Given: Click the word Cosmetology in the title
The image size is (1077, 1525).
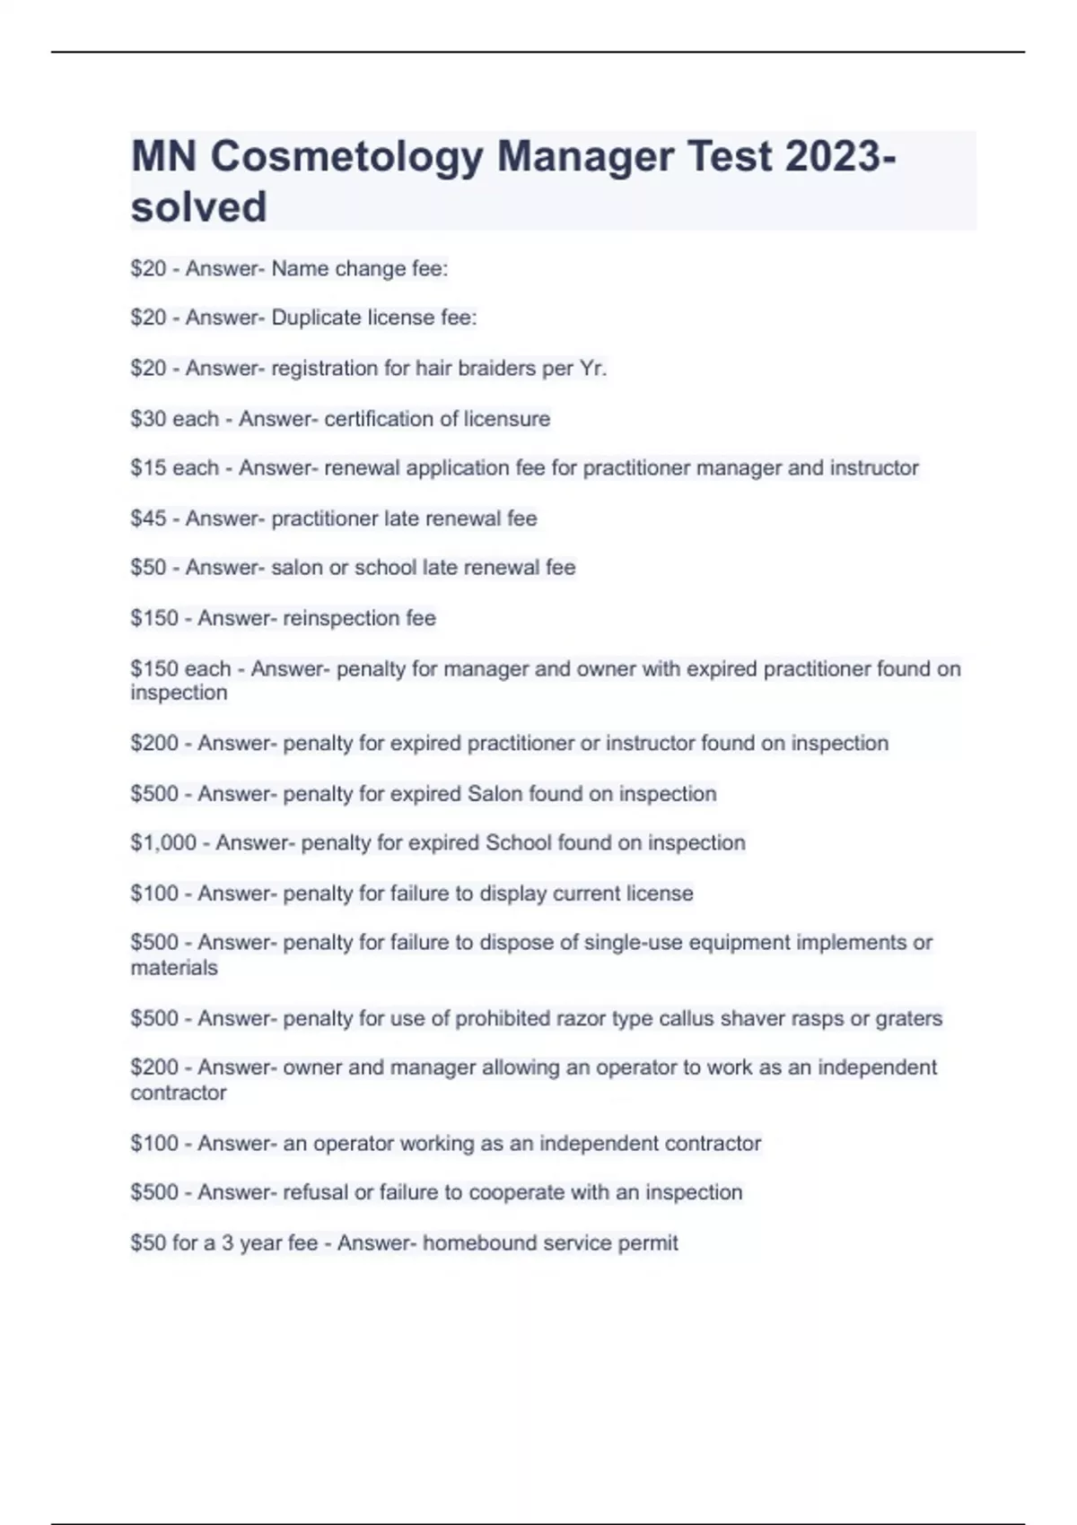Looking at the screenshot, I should tap(346, 157).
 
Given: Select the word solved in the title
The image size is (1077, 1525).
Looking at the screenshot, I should tap(198, 207).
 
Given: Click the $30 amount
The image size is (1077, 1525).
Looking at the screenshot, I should tap(148, 419).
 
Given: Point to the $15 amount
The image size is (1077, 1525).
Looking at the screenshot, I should tap(148, 468).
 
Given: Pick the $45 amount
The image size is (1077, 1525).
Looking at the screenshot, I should tap(148, 518).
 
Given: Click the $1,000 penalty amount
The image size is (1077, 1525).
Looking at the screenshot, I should tap(163, 843).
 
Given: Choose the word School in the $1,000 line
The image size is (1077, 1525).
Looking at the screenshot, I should tap(518, 843).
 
